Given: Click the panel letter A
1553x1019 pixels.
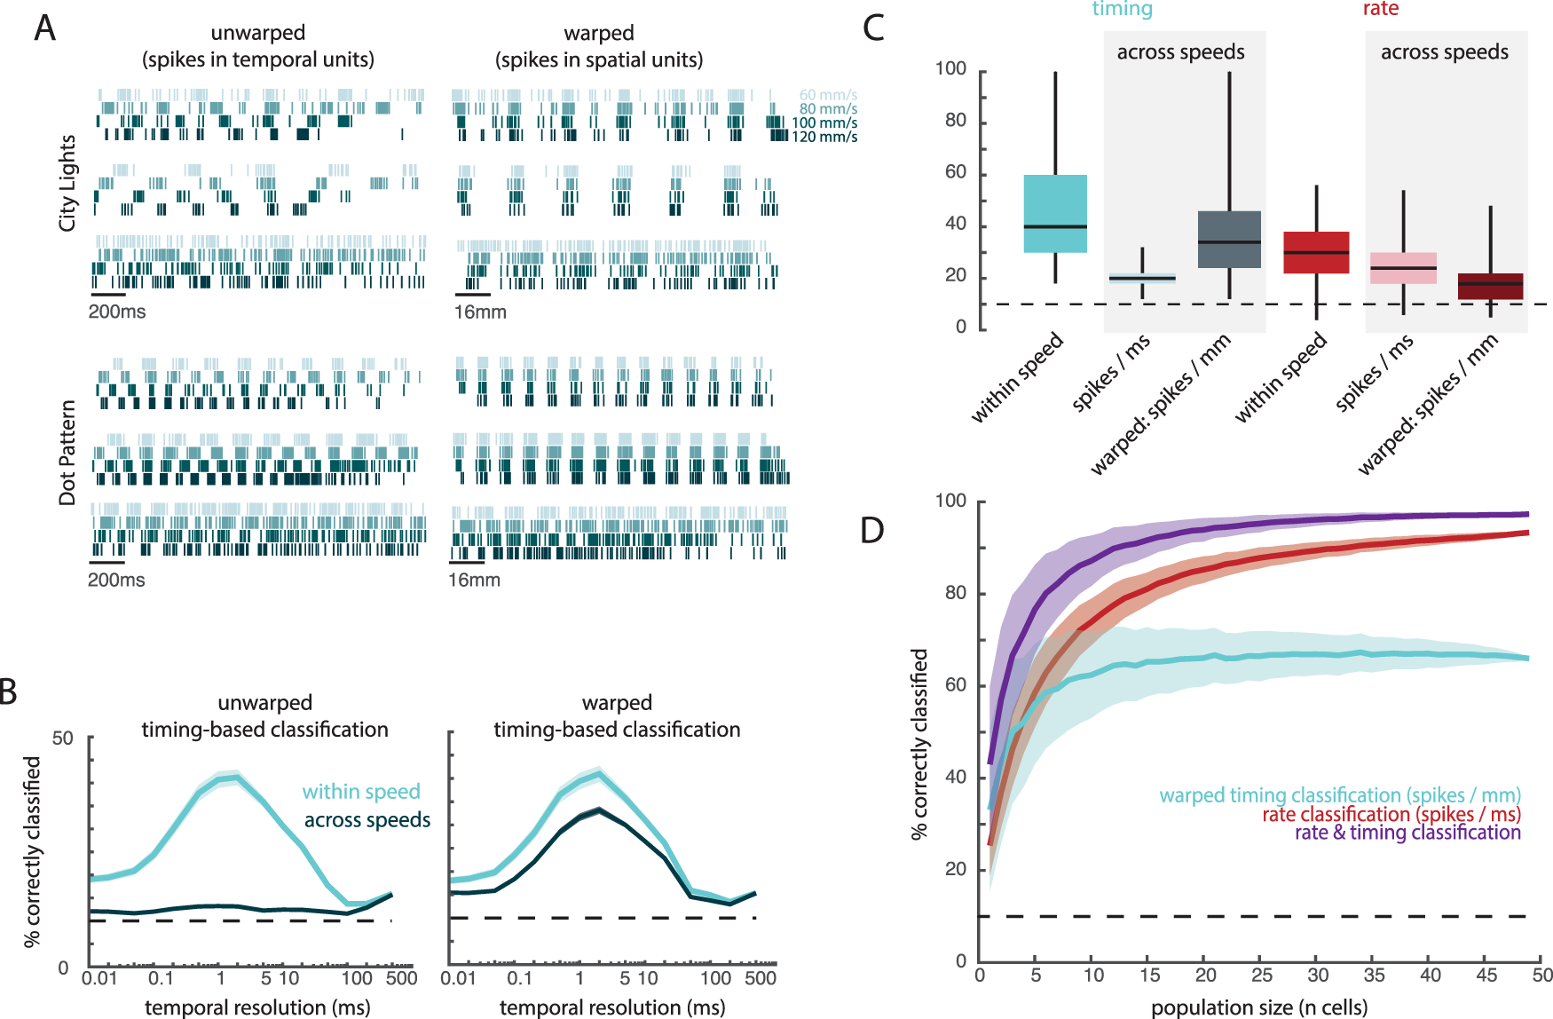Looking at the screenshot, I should pyautogui.click(x=44, y=28).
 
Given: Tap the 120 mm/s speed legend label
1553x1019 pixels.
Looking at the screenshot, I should pyautogui.click(x=824, y=137).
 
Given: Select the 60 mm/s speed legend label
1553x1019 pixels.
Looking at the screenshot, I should pyautogui.click(x=828, y=95).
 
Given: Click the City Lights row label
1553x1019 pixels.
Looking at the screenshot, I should pyautogui.click(x=67, y=183).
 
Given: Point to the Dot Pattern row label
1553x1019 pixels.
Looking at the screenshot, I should pyautogui.click(x=67, y=453).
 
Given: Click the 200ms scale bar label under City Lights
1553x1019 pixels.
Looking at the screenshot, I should pyautogui.click(x=117, y=312).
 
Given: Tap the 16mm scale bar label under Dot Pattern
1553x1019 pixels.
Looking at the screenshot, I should pyautogui.click(x=474, y=580).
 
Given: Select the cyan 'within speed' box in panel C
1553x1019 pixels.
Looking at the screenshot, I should pyautogui.click(x=1055, y=214).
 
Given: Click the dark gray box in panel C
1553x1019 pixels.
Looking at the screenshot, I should pyautogui.click(x=1229, y=240).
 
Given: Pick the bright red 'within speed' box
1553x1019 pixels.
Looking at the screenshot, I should pyautogui.click(x=1316, y=252).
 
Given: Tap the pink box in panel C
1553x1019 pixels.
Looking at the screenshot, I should pyautogui.click(x=1403, y=268).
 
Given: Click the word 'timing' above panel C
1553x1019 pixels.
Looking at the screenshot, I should pyautogui.click(x=1122, y=9).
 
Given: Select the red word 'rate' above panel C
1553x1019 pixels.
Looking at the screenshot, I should pyautogui.click(x=1380, y=9).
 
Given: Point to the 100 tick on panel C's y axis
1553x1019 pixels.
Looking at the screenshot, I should pyautogui.click(x=950, y=69).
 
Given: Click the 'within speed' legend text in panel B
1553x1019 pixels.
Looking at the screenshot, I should pyautogui.click(x=361, y=791).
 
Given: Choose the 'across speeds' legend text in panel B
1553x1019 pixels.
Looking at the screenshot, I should pyautogui.click(x=367, y=820).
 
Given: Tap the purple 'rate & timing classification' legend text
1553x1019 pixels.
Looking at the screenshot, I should pyautogui.click(x=1407, y=833).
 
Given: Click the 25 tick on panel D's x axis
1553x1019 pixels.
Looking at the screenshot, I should pyautogui.click(x=1262, y=975).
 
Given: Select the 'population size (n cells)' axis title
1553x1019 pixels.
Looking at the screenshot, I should pyautogui.click(x=1259, y=1007).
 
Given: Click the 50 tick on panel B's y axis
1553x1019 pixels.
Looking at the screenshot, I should pyautogui.click(x=62, y=739).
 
